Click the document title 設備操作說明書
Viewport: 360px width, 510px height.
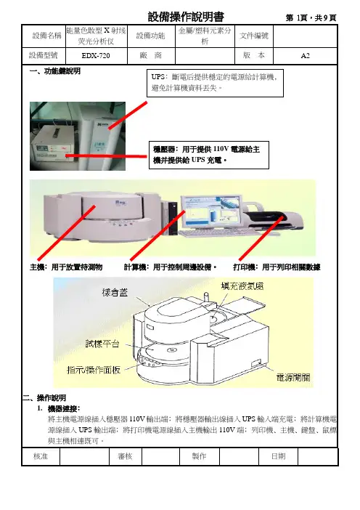186,17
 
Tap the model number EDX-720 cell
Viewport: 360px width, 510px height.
96,56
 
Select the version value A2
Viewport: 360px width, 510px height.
305,56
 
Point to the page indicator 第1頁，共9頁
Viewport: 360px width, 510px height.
311,17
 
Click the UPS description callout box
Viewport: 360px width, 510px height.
215,83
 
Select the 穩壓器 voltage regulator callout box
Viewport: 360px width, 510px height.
209,155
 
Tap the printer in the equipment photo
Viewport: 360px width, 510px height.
274,216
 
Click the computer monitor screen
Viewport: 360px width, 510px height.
211,211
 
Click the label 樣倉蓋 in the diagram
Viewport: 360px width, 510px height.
115,292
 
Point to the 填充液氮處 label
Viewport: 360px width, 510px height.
242,286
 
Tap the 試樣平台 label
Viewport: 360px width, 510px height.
102,344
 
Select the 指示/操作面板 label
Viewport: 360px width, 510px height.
94,370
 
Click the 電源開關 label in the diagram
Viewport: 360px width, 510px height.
293,377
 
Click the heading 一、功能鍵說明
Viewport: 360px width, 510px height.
55,71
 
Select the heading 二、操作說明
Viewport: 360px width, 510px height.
44,397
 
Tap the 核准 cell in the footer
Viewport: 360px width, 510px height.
41,456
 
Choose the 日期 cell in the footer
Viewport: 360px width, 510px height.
279,456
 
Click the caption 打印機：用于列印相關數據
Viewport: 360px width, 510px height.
277,267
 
